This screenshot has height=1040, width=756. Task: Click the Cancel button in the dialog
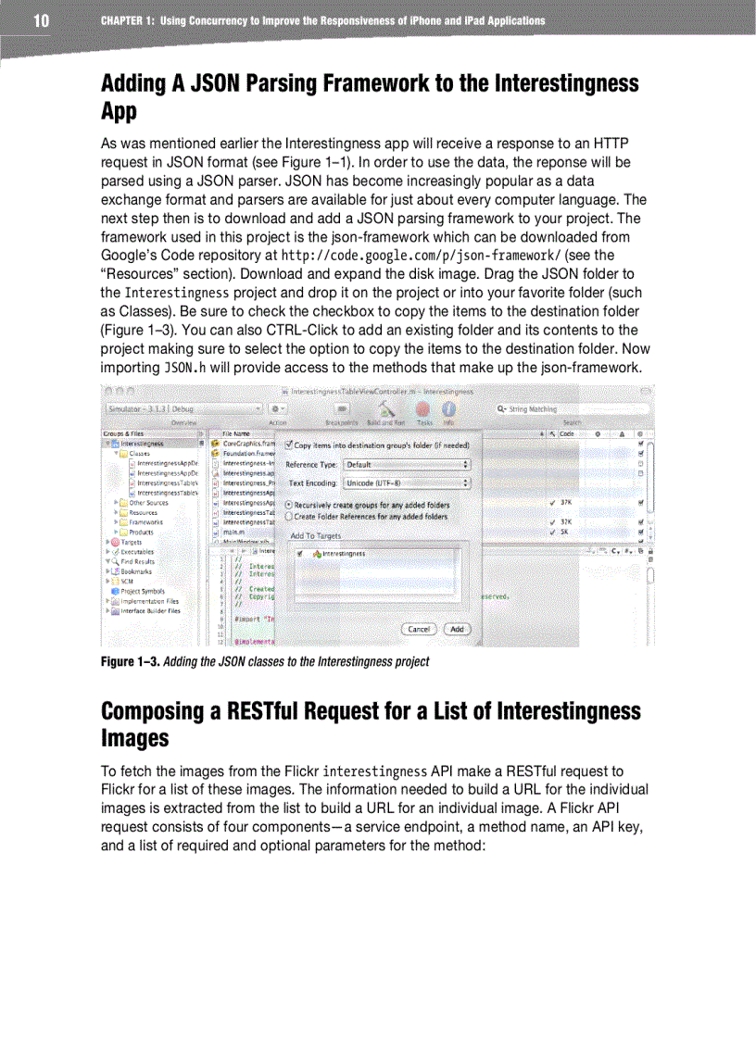420,629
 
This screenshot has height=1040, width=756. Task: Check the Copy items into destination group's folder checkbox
289,445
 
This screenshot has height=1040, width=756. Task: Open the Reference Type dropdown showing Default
407,464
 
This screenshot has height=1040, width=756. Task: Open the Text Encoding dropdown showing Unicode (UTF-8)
407,482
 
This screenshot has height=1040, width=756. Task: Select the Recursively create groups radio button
288,506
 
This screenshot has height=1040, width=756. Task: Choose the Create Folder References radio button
288,517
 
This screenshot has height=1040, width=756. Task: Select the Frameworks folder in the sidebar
144,522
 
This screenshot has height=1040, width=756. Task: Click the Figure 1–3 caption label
129,662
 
